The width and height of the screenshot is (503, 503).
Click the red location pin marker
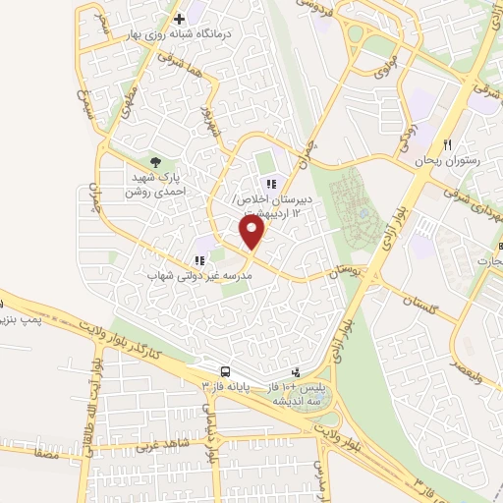[x=252, y=232]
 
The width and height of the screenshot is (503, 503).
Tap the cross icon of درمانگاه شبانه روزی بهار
[x=179, y=19]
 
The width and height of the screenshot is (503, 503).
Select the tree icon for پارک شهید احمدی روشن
[x=155, y=161]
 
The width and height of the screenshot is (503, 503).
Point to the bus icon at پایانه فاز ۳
[x=226, y=371]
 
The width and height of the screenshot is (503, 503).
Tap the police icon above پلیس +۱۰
[x=297, y=371]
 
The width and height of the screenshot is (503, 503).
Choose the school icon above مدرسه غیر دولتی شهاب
[x=199, y=261]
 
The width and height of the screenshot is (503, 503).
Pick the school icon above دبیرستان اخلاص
[x=270, y=184]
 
